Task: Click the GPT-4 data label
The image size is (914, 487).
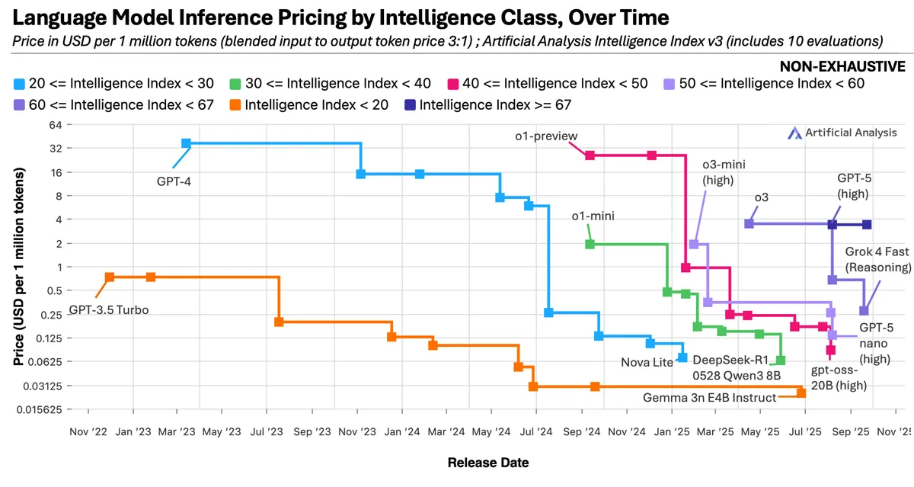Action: coord(174,181)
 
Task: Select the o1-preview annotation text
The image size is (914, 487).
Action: coord(546,136)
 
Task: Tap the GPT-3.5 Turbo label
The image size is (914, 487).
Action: coord(108,310)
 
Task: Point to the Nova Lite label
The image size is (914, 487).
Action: coord(647,362)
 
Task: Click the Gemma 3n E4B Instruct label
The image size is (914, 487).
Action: coord(710,398)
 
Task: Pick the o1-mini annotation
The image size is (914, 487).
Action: coord(593,216)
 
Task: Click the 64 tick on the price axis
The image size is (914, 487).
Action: coord(56,125)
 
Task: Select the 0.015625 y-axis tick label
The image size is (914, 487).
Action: coord(39,409)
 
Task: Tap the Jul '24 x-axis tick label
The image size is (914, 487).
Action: coord(535,431)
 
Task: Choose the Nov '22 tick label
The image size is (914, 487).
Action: coord(88,431)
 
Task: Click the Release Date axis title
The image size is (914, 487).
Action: coord(488,463)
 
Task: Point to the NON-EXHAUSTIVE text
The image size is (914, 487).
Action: coord(842,66)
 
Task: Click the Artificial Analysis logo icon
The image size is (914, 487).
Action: coord(794,133)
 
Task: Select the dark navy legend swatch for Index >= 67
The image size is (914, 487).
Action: coord(410,105)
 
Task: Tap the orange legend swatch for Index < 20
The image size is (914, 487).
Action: coord(235,105)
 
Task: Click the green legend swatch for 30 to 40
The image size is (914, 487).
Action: coord(235,84)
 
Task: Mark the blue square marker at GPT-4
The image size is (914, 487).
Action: coord(186,143)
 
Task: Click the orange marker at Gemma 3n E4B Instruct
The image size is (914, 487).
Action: coord(801,392)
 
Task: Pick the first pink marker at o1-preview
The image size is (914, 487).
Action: coord(590,155)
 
